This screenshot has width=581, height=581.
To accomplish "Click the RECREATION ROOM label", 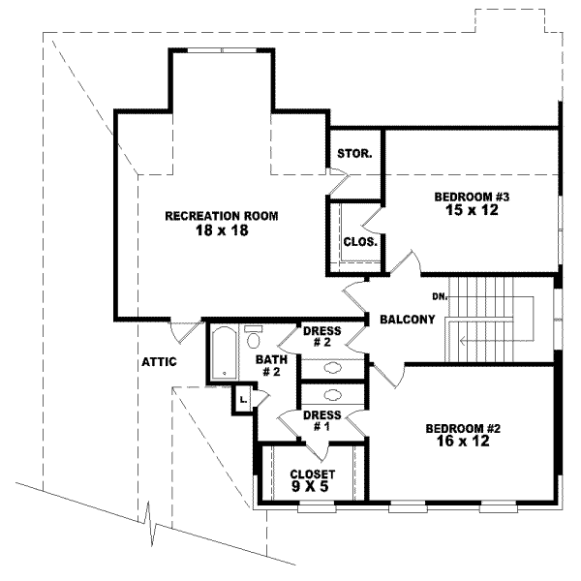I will tap(221, 215).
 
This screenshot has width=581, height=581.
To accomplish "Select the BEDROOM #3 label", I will tap(472, 197).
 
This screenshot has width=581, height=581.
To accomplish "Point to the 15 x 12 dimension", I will tap(472, 210).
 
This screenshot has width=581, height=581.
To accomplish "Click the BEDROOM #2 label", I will tap(463, 427).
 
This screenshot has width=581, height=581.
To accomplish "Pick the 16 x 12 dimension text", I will tap(463, 441).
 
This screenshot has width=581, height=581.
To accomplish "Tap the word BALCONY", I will tap(407, 320).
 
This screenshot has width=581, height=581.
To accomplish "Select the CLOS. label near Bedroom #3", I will tap(359, 242).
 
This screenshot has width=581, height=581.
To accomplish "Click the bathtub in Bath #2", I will tap(223, 353).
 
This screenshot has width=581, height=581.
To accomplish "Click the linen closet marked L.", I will tap(242, 397).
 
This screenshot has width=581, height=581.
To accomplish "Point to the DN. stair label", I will tap(439, 296).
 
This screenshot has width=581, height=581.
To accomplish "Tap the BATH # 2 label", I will tap(268, 366).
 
